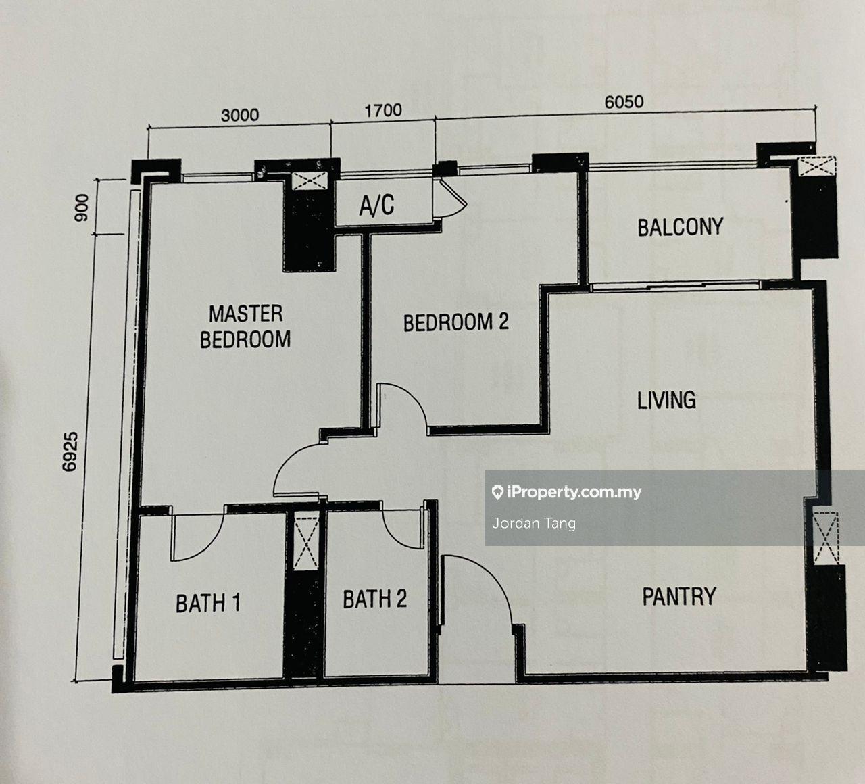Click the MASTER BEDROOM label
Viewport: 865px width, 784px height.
click(245, 327)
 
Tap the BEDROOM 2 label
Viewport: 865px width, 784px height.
click(455, 322)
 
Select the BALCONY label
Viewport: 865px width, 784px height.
click(681, 227)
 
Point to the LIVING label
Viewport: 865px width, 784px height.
click(666, 399)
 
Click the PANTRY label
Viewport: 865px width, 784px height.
click(680, 596)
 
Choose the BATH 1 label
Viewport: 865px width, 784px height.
click(208, 603)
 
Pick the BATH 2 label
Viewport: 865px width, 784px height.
click(374, 599)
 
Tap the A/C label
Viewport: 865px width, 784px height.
click(377, 205)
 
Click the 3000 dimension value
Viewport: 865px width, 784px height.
click(240, 115)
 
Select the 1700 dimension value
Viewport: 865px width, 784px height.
click(383, 110)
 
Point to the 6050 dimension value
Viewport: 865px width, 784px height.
click(624, 102)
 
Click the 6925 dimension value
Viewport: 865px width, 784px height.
click(70, 451)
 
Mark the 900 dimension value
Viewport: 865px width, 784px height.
click(81, 208)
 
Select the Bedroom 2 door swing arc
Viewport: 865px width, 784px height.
click(414, 396)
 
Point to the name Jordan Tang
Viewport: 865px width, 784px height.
click(534, 524)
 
